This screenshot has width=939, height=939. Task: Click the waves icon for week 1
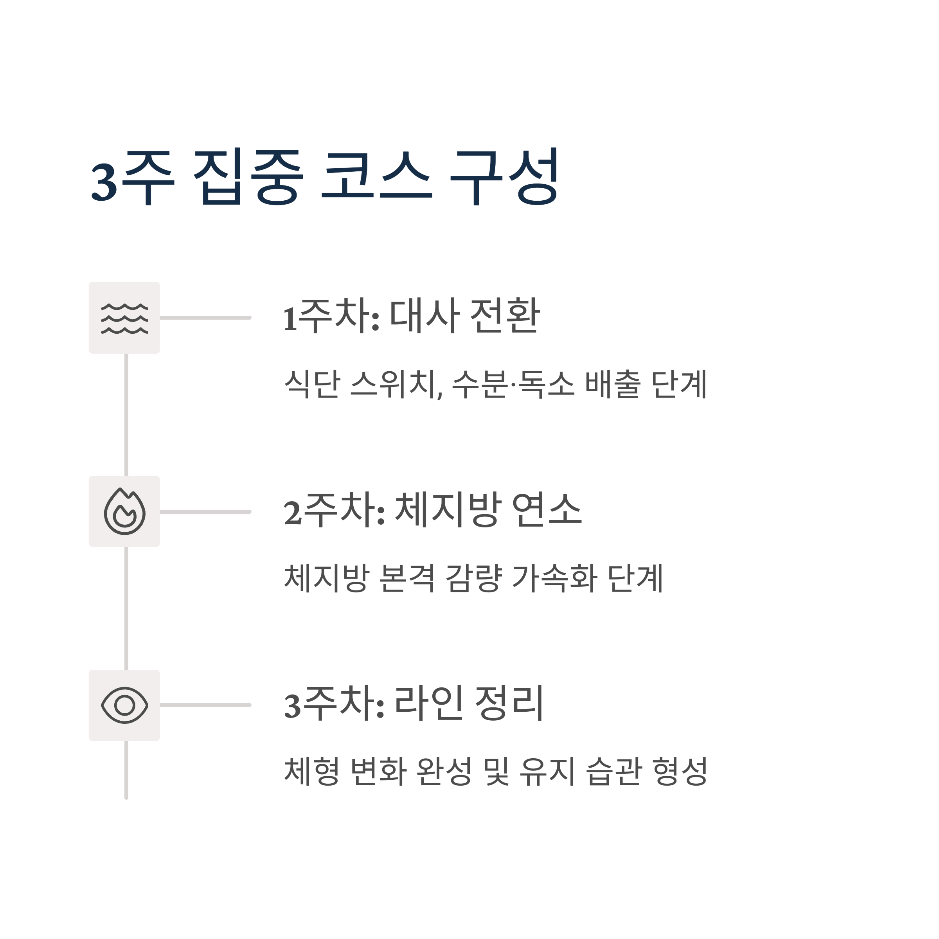click(x=124, y=318)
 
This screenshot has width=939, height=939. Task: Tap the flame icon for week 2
click(x=124, y=512)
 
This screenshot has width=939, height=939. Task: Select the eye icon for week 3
click(x=124, y=705)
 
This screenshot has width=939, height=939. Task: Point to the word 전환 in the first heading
click(x=505, y=317)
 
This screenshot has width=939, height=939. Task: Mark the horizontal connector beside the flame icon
click(x=205, y=512)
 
